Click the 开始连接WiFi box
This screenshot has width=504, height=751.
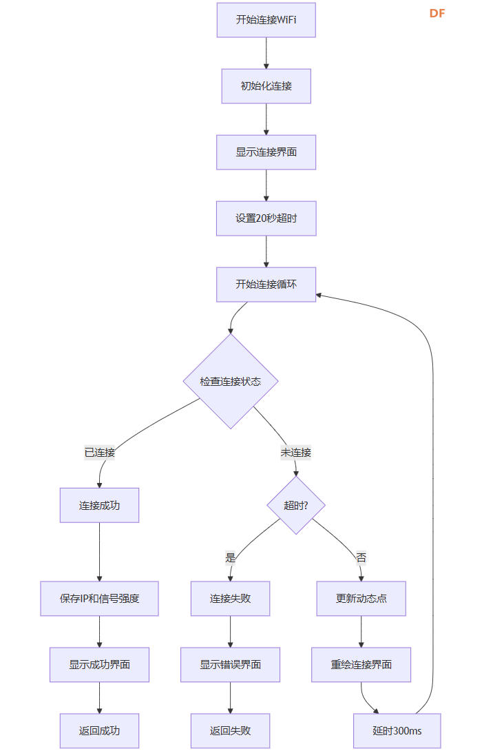coord(266,20)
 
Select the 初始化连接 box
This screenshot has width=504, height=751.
coord(266,86)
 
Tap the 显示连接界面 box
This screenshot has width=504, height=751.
coord(266,152)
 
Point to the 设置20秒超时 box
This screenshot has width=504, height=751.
coord(266,218)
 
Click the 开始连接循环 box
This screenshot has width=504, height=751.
coord(266,285)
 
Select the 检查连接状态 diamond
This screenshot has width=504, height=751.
coord(231,381)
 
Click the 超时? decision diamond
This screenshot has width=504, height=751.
coord(296,505)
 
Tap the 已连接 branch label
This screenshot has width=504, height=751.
coord(99,453)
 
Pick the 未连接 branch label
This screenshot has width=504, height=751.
coord(296,453)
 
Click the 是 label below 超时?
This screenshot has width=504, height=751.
coord(231,557)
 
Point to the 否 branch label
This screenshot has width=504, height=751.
coord(361,557)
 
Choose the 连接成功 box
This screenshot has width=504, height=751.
coord(99,505)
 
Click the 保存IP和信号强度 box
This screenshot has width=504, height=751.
coord(99,599)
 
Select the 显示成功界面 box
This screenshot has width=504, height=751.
coord(99,665)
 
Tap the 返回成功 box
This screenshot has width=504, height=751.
coord(99,730)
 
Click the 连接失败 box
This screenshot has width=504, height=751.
coord(231,599)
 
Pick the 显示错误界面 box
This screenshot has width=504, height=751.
coord(231,665)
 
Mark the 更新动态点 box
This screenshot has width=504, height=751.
coord(361,599)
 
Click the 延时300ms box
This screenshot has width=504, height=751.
coord(397,730)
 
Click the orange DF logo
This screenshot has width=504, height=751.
coord(437,13)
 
